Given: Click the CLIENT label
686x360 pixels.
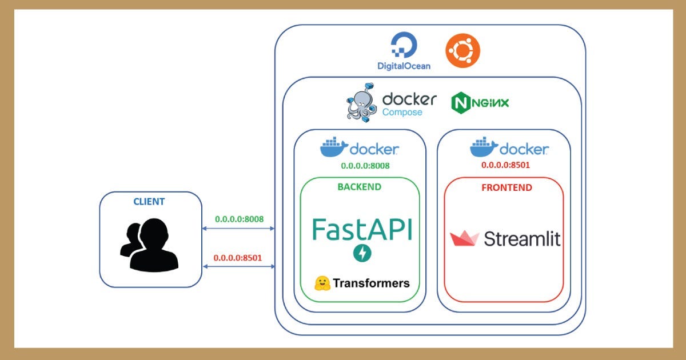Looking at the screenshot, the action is [x=149, y=201].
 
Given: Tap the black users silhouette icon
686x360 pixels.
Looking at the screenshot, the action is [x=149, y=245].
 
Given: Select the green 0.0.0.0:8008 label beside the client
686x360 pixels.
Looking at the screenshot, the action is [x=239, y=219].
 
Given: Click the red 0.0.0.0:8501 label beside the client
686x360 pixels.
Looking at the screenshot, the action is [x=238, y=258].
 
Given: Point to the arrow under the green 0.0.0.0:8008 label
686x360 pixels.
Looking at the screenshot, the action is [x=238, y=229].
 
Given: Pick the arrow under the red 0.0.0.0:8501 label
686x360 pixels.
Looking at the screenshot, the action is [x=239, y=267].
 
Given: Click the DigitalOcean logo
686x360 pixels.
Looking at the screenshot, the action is [x=404, y=51].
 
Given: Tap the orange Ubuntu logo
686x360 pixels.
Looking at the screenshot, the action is [x=462, y=50].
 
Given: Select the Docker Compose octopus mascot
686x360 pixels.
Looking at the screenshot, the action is [x=361, y=102].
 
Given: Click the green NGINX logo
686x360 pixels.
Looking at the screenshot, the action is [x=480, y=103].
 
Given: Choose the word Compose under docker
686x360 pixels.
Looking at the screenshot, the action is [x=402, y=113].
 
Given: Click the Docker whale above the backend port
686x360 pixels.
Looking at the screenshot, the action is [x=334, y=147].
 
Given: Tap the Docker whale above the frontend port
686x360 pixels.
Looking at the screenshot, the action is [x=484, y=147].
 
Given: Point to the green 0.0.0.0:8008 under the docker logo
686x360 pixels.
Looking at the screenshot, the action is [x=365, y=166].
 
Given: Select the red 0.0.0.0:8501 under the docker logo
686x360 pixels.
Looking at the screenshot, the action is [x=505, y=165].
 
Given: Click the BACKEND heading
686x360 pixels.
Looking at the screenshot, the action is [x=360, y=187].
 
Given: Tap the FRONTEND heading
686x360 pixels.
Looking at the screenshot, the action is [x=507, y=187].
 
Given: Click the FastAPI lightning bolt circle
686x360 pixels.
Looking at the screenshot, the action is [x=362, y=253].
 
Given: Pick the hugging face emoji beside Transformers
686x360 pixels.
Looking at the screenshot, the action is [x=322, y=283].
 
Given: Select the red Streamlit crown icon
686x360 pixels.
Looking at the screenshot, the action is [x=464, y=238].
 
